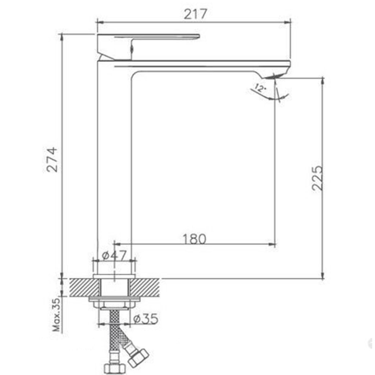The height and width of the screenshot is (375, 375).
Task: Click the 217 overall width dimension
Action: point(195,14)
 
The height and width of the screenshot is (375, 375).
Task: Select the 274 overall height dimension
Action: point(52,160)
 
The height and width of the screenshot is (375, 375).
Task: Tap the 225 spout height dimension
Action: point(318,178)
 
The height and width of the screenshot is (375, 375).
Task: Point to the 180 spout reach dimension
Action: point(194,239)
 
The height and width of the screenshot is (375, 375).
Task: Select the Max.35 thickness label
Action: point(57,315)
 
